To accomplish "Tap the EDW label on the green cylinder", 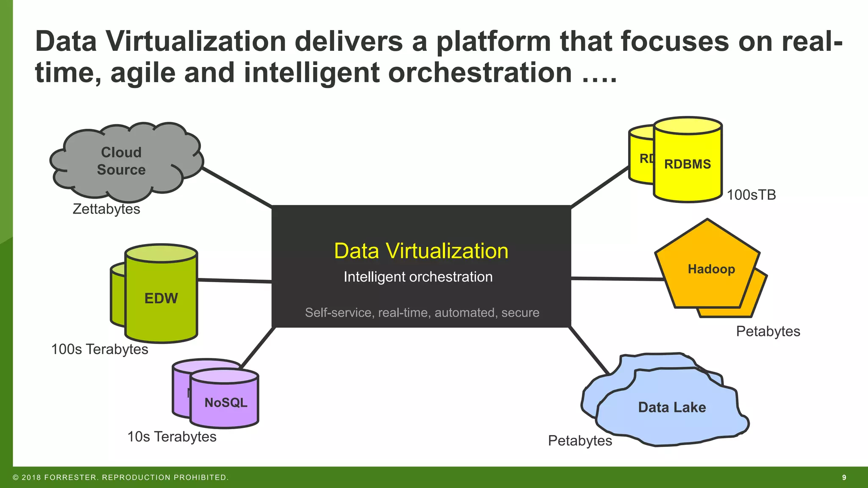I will pos(161,298).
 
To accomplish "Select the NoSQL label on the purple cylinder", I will pos(225,402).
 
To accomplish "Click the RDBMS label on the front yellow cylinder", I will pos(687,164).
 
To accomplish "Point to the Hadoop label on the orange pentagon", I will pos(711,269).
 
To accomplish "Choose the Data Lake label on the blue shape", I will pos(672,408).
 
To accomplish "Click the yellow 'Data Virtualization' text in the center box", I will pos(421,251).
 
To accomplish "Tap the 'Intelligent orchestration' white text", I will pos(418,277).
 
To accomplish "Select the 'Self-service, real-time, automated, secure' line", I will pos(422,313).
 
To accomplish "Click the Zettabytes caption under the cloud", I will pos(106,209).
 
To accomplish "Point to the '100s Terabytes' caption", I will pos(100,349).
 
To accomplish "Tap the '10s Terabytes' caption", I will pos(172,437).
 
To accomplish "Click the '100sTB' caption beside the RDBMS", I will pos(751,195).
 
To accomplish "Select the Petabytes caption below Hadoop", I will pos(768,331).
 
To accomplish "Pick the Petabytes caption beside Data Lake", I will pos(580,441).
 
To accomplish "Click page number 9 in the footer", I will pos(844,477).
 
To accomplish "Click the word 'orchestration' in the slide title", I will pos(480,72).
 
